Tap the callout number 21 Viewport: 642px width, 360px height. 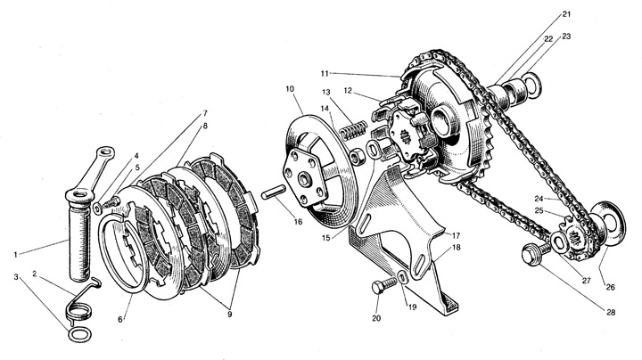click(566, 15)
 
